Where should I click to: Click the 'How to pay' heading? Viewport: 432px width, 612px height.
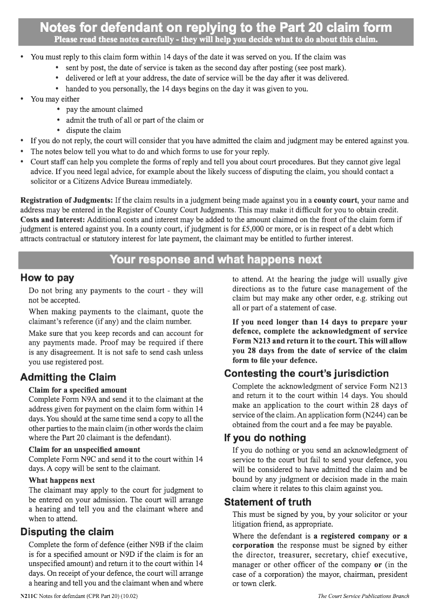[47, 278]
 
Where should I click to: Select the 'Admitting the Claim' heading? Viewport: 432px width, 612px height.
[68, 377]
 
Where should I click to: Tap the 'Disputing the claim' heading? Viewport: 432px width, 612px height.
[67, 532]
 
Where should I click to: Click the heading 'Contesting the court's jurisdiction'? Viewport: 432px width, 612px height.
[306, 373]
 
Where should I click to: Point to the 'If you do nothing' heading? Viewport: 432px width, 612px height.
[265, 438]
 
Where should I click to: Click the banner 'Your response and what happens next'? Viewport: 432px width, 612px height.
[215, 260]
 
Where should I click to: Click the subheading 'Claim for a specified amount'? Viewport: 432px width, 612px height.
[78, 390]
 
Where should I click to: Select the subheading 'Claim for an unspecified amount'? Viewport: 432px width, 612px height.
[84, 449]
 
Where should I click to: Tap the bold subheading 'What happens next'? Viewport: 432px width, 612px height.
[62, 480]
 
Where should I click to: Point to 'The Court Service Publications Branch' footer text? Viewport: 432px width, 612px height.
[363, 596]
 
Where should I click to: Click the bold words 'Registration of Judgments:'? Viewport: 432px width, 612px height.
[66, 200]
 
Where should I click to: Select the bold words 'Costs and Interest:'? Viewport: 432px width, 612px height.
[52, 219]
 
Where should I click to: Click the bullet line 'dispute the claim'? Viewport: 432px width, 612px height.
[93, 130]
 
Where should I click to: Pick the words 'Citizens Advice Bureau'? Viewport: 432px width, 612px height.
[109, 181]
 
